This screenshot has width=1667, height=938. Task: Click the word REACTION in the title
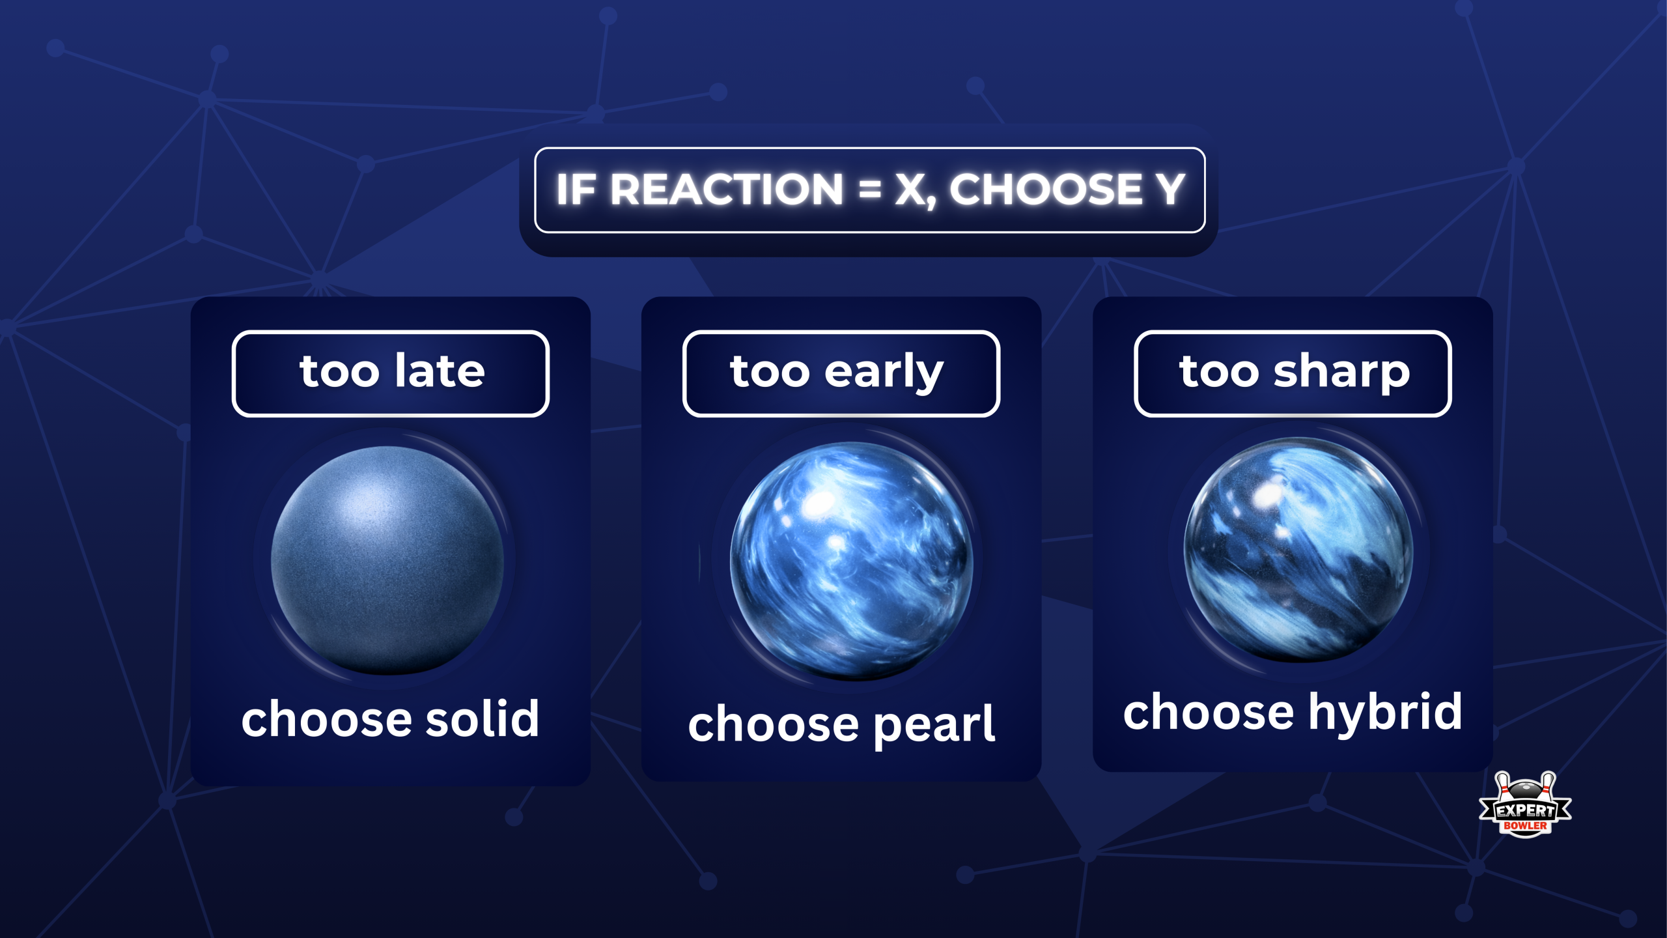726,190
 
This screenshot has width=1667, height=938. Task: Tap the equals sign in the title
869,190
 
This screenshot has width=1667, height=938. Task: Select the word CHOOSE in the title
1046,190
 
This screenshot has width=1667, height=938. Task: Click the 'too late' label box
391,373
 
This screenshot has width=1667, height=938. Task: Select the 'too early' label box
841,373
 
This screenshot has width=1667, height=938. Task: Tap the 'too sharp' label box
1293,373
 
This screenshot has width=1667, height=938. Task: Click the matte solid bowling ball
387,560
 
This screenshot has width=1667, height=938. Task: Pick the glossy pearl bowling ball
851,560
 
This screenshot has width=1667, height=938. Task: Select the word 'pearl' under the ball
934,724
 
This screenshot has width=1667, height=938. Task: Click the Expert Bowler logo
1525,806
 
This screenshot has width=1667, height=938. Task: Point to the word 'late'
440,371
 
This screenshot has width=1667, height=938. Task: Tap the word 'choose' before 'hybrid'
1209,712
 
